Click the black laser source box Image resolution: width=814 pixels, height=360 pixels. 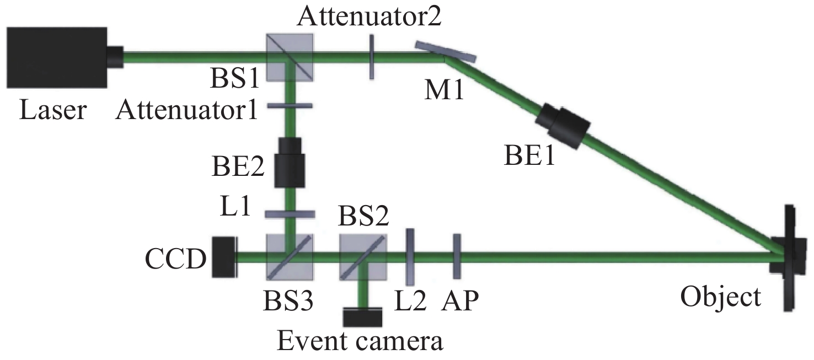click(57, 57)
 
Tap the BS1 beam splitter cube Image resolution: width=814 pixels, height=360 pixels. click(290, 57)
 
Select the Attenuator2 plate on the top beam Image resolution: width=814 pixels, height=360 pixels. click(371, 57)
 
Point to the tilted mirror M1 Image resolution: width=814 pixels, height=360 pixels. click(445, 51)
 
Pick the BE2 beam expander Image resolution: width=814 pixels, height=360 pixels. click(290, 163)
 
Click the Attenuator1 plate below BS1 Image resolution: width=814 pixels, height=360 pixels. click(290, 106)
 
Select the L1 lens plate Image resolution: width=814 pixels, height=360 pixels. click(290, 214)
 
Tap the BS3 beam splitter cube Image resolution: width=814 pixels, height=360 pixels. click(290, 257)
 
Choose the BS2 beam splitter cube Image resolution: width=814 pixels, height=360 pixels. click(363, 257)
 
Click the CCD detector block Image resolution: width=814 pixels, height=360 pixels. click(225, 257)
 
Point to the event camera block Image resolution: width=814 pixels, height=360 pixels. click(363, 317)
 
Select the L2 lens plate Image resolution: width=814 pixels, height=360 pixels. click(410, 257)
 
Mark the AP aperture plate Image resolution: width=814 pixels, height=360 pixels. click(457, 256)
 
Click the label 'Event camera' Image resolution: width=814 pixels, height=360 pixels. click(360, 341)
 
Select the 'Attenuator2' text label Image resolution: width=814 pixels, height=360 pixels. click(369, 17)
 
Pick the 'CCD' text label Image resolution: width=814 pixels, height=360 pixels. click(175, 259)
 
